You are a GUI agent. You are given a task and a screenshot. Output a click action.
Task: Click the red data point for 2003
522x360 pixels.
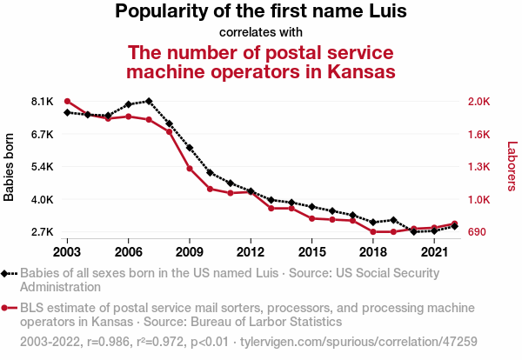tap(67, 102)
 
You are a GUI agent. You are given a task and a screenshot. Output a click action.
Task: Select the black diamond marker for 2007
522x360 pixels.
tap(149, 102)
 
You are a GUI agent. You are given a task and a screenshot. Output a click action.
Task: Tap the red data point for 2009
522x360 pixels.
tap(190, 168)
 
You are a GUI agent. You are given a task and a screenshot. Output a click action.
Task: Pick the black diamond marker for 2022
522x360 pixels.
tap(455, 226)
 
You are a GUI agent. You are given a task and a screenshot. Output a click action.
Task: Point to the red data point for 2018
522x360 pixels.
tap(373, 232)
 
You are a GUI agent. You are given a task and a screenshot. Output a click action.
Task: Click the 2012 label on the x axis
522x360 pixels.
tap(251, 251)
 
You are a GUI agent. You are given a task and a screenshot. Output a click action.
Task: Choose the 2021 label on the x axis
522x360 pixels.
tap(434, 251)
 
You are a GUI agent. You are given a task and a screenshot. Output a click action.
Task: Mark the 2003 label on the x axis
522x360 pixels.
tap(67, 251)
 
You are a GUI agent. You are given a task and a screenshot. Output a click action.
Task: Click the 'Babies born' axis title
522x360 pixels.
tap(10, 167)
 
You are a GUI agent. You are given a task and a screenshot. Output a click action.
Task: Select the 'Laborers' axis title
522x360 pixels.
tap(512, 167)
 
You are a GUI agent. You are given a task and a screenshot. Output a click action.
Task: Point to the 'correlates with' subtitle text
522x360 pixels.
tap(261, 33)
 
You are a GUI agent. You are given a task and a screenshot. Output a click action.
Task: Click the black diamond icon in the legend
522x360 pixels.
tap(6, 273)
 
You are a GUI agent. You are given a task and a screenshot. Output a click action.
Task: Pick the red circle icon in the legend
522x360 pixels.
tap(6, 308)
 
